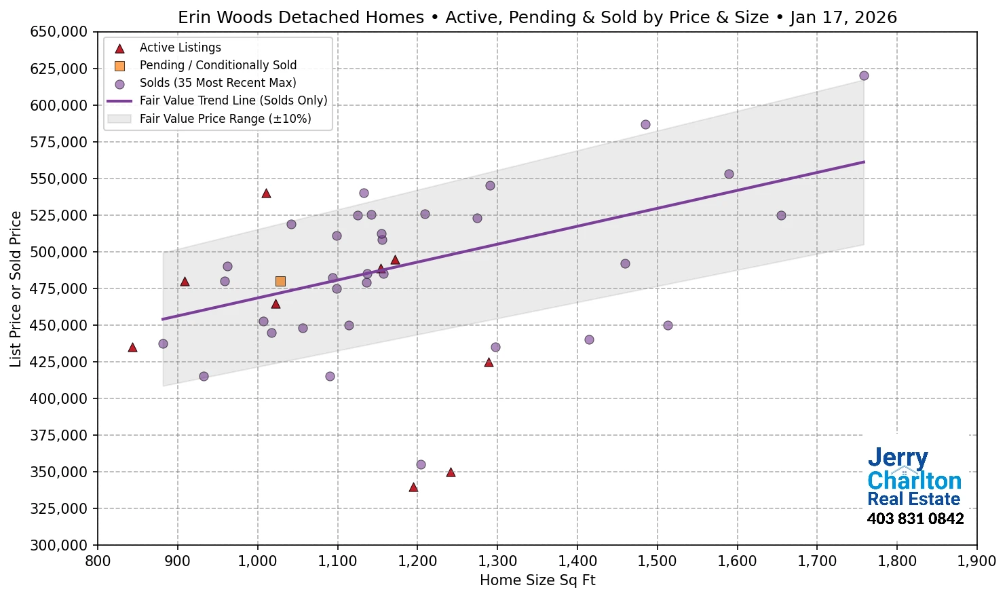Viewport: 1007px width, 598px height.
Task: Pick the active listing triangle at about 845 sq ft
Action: (x=132, y=348)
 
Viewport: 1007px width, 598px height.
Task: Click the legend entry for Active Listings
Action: (x=180, y=48)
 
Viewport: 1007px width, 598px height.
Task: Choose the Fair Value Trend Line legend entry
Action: (x=233, y=100)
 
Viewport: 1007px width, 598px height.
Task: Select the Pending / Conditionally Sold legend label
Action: (x=218, y=65)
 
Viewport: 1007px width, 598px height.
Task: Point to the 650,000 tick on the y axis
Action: (x=59, y=32)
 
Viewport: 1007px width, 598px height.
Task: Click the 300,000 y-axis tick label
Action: (x=59, y=545)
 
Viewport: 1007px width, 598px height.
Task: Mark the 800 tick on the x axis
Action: (x=98, y=561)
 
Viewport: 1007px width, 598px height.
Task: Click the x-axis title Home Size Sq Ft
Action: (x=537, y=580)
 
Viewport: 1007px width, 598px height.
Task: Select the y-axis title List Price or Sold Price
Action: (x=16, y=288)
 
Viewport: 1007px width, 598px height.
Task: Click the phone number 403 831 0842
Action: (x=915, y=519)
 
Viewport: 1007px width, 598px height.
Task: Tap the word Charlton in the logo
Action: (x=914, y=481)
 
